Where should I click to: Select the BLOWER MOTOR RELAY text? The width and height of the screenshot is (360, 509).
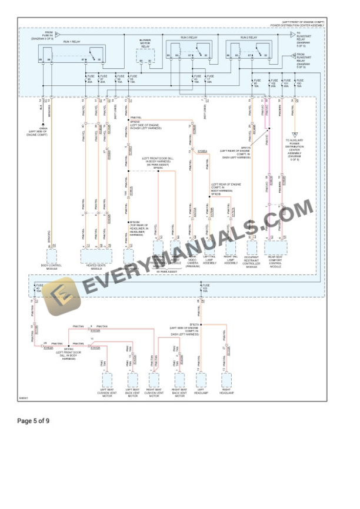(x=145, y=43)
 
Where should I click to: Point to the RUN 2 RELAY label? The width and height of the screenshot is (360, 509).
(x=248, y=38)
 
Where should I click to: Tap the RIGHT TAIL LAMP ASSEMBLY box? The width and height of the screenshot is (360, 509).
(x=230, y=249)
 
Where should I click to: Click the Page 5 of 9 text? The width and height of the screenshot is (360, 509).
(x=34, y=421)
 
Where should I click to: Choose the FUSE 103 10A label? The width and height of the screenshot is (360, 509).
(x=205, y=289)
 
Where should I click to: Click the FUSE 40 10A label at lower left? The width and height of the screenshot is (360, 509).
(x=38, y=289)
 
